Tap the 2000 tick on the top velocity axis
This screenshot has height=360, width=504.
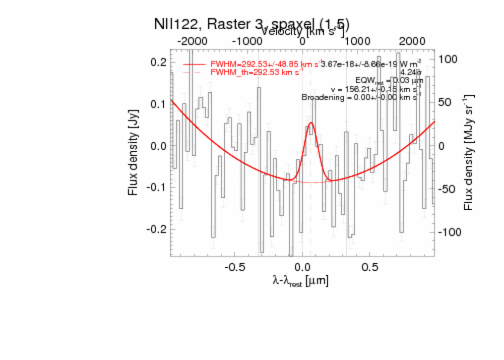[412, 41]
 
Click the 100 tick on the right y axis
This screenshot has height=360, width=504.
[447, 59]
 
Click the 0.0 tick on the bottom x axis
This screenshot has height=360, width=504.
[302, 266]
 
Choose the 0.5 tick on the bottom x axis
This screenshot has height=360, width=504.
[370, 266]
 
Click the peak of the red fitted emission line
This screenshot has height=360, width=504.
[311, 123]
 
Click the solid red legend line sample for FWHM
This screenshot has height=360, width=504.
[194, 65]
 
